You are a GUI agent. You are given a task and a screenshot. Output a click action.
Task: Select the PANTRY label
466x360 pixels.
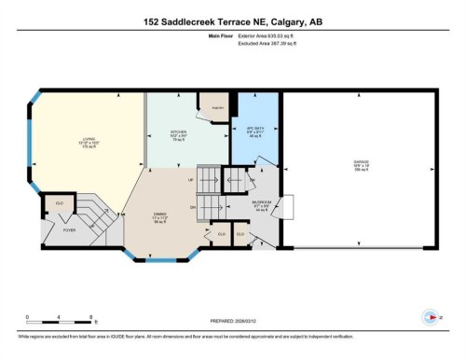[x=216, y=107]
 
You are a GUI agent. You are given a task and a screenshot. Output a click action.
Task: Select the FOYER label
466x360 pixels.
[x=69, y=228]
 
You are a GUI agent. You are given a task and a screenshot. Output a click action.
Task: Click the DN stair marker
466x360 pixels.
[x=193, y=206]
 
